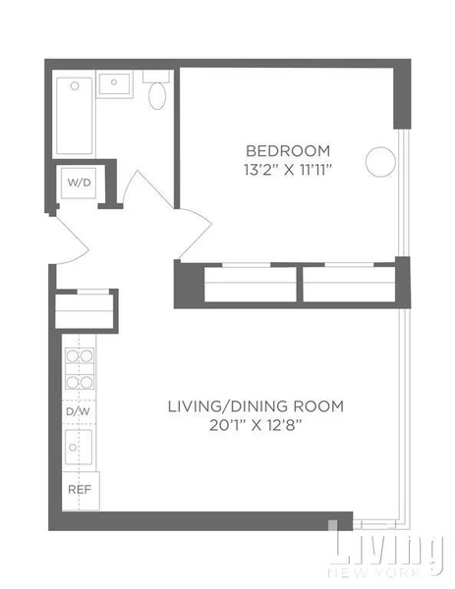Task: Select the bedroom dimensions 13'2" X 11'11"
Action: tap(288, 168)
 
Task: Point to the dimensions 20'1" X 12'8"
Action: tap(256, 424)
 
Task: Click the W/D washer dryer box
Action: tap(78, 184)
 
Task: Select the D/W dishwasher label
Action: tap(78, 413)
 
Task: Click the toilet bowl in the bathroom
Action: tap(157, 95)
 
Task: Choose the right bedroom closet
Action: tap(349, 285)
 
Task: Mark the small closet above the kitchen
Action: tap(86, 310)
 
